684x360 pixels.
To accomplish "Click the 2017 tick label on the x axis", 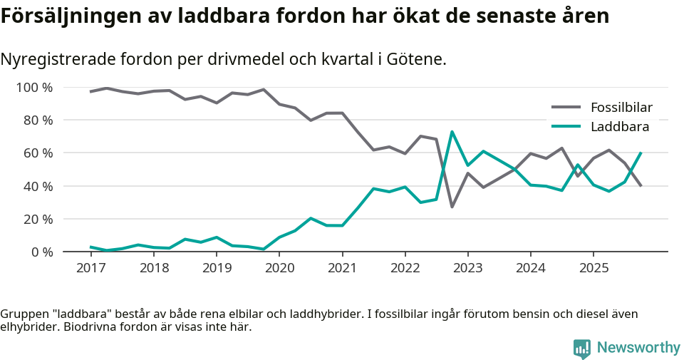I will point(90,268).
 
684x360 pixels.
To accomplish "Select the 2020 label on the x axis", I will point(279,268).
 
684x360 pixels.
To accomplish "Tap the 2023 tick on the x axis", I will point(467,268).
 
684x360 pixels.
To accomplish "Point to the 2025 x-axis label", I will point(594,268).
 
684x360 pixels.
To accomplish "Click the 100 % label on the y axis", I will point(34,88).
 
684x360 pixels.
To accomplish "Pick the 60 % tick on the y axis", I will point(37,153).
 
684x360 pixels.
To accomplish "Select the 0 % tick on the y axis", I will point(41,252).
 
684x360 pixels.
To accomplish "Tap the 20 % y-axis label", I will point(37,219).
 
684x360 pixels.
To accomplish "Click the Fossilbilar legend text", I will point(621,108).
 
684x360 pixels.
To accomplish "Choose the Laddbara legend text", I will point(619,127).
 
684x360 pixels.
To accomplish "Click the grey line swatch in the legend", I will point(566,108).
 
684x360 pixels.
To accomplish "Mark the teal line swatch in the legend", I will point(566,127).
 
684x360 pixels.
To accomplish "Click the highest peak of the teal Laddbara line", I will point(452,132).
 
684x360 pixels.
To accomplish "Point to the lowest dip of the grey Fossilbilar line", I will point(452,207).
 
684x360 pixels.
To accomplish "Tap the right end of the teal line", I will point(641,153).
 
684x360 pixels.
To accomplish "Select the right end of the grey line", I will point(641,186).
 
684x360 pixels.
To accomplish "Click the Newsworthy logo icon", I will point(581,348).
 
